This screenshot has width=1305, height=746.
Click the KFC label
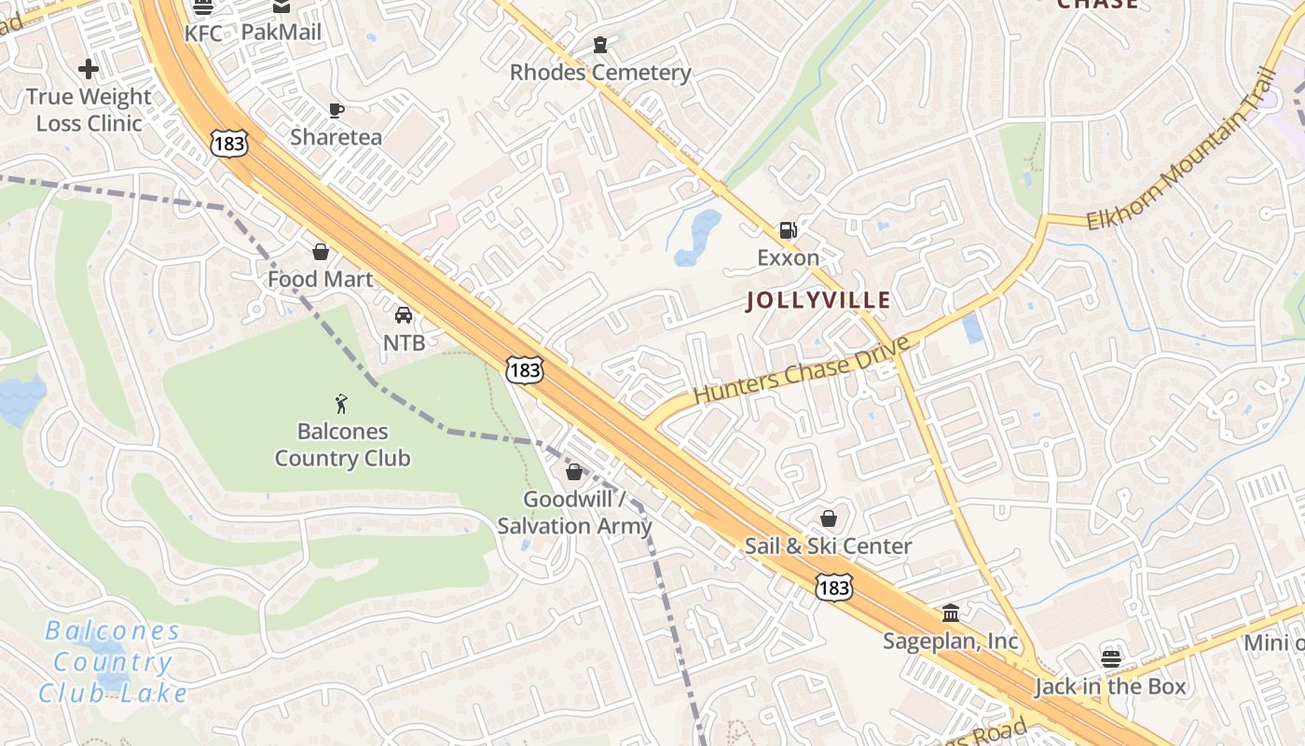click(203, 34)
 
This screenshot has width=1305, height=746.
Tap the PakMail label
click(281, 32)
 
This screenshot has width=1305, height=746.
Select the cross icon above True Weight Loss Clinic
click(89, 69)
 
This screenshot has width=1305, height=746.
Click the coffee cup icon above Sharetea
click(337, 111)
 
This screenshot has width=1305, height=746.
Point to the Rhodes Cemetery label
click(600, 73)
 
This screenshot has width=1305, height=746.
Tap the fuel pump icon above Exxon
click(788, 230)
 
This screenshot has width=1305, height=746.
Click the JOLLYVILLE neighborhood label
click(817, 300)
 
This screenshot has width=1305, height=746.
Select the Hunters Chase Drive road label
click(801, 370)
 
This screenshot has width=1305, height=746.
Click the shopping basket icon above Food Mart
click(320, 253)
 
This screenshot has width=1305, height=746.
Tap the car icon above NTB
click(404, 316)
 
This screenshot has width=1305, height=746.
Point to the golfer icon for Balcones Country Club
click(341, 404)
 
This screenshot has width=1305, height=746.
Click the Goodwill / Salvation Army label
click(574, 512)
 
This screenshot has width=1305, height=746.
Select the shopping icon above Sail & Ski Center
click(828, 519)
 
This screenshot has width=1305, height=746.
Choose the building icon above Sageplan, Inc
click(951, 614)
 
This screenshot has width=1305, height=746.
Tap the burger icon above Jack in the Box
click(1110, 658)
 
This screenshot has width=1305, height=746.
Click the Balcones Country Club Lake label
click(113, 662)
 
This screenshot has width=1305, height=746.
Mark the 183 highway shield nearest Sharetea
click(228, 144)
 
